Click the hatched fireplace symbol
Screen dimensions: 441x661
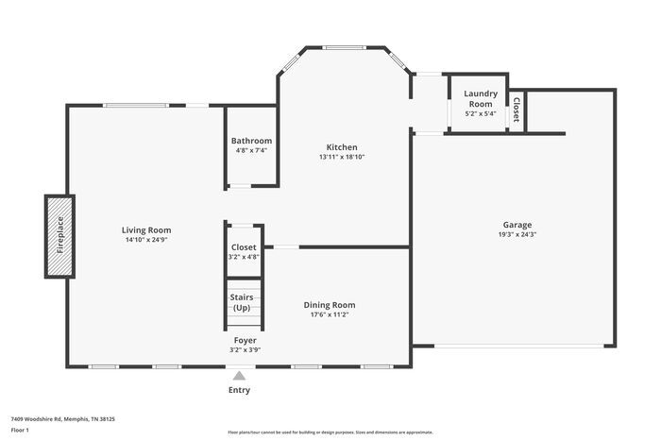pos(59,236)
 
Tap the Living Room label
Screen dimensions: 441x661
pos(146,229)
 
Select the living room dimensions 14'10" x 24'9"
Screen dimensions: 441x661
pos(146,240)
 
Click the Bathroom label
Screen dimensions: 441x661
pos(251,141)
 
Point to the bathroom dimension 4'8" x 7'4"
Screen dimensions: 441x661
pos(251,150)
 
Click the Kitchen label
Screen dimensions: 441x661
pos(341,146)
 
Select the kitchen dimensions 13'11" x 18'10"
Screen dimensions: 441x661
pos(341,157)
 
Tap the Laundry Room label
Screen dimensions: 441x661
pos(481,98)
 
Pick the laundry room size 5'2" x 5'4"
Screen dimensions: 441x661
pos(481,114)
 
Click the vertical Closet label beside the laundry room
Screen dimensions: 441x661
pos(516,110)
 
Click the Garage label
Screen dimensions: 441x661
pos(517,225)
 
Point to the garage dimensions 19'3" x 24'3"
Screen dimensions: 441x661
pos(517,235)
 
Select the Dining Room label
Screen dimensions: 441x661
pos(330,304)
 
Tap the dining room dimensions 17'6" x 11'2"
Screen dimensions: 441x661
pos(330,314)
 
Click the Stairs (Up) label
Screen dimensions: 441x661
pos(242,302)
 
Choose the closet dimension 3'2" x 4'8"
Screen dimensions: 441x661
pos(244,256)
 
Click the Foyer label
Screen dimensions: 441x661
pos(246,340)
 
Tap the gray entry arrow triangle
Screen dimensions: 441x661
pos(240,376)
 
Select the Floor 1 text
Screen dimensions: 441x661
pos(21,430)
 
